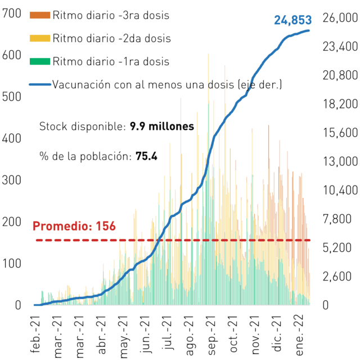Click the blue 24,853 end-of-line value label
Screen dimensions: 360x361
tap(292, 20)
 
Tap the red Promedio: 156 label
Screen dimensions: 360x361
tap(74, 226)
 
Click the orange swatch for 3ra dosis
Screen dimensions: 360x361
tap(40, 15)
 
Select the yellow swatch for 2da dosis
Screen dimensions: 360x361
tap(40, 38)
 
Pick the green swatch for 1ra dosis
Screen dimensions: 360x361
tap(40, 61)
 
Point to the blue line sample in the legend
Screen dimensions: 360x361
tap(40, 84)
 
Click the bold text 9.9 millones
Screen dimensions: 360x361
tap(162, 126)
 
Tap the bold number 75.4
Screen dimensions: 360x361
tap(146, 156)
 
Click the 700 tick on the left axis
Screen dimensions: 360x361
tap(12, 13)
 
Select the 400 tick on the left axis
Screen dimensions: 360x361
tap(12, 138)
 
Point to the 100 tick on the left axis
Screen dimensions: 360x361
tap(12, 263)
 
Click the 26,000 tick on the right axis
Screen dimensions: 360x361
tap(340, 18)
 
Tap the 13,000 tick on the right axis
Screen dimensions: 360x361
tap(340, 161)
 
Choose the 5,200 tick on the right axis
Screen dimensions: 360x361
tap(337, 247)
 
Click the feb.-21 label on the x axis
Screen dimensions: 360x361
tap(35, 335)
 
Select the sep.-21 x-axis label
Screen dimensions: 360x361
tap(211, 335)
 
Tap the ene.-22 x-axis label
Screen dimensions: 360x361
tap(299, 336)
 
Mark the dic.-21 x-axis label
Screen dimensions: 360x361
tap(277, 333)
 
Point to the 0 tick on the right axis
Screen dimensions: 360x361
tap(326, 305)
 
